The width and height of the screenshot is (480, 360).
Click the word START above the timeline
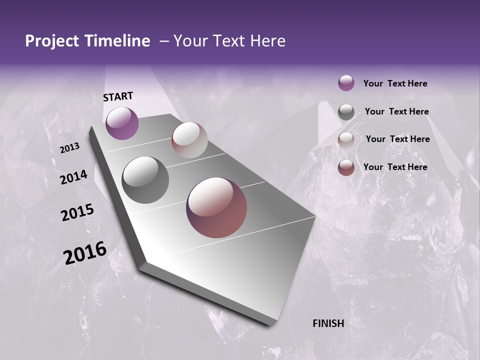(118, 96)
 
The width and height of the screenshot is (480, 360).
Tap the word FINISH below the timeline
(328, 323)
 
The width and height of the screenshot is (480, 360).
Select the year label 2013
(70, 148)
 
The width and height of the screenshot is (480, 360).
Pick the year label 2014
(73, 177)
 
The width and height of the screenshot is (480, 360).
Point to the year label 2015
(77, 212)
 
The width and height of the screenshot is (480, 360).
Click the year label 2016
(85, 252)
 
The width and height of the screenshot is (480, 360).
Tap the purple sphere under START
(122, 123)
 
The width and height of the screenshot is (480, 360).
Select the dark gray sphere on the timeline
(145, 179)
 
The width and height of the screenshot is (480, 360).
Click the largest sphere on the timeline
(216, 207)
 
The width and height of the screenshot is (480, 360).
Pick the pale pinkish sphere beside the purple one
(189, 140)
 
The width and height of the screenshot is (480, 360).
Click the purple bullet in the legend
(346, 83)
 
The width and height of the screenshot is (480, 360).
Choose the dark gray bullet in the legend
(346, 112)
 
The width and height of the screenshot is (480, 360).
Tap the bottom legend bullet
(346, 167)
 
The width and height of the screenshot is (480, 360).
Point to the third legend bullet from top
(346, 140)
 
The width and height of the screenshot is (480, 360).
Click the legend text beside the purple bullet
(395, 83)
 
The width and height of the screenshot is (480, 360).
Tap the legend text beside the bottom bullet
(395, 167)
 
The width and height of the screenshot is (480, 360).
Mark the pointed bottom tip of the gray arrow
(270, 324)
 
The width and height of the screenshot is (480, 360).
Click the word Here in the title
(267, 41)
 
